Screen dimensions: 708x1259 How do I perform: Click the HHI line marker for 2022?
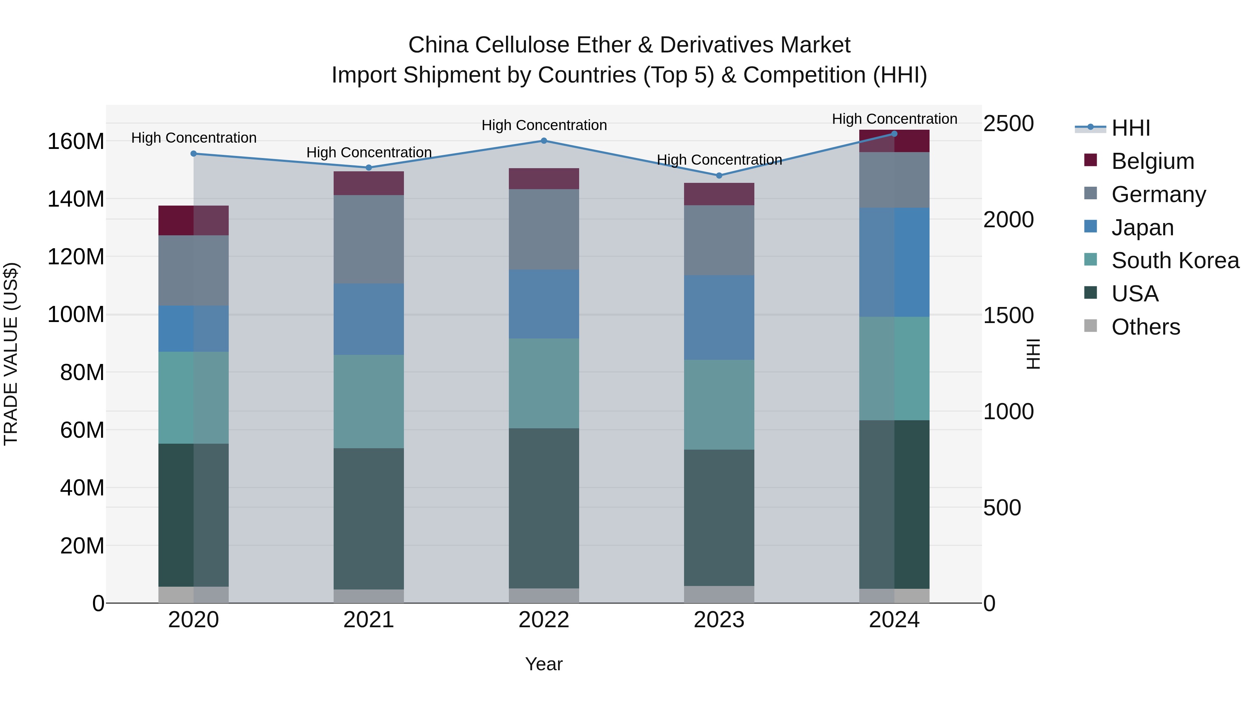[543, 141]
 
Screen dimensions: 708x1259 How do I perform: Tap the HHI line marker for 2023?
[719, 176]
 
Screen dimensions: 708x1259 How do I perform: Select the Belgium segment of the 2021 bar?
[369, 183]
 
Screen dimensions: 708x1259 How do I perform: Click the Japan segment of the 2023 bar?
[719, 317]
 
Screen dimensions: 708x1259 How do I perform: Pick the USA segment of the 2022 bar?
[543, 508]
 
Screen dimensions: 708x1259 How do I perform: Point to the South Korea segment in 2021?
[369, 402]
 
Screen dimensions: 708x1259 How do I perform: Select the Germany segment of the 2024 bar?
[894, 180]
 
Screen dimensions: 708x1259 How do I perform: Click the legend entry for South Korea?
[1175, 260]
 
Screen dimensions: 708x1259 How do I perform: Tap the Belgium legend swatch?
[1090, 160]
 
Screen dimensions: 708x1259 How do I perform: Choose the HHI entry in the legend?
[1130, 128]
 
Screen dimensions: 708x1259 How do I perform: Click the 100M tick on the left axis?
[76, 314]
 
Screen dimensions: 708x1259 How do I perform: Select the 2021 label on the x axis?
[369, 620]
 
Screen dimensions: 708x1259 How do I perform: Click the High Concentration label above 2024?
[894, 119]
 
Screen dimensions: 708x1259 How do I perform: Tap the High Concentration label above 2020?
[193, 138]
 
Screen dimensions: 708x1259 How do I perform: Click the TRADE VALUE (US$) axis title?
[11, 354]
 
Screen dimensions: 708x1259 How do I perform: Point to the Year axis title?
[543, 664]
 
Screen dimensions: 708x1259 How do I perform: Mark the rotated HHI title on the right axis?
[1033, 354]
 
